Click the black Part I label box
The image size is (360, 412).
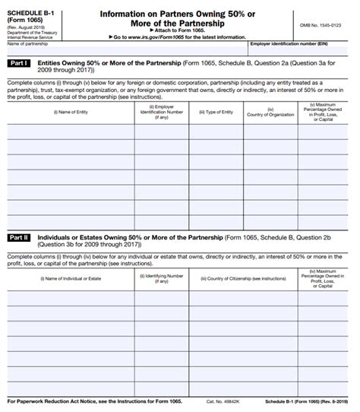pos(19,64)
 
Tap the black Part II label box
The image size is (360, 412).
pos(19,238)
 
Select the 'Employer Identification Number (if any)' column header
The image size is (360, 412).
pos(161,112)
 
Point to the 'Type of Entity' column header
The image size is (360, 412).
pos(216,112)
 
